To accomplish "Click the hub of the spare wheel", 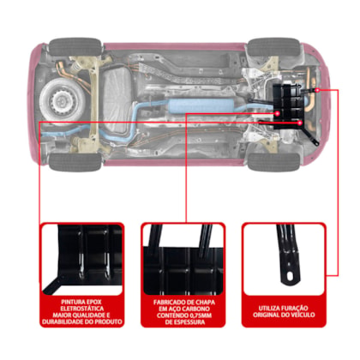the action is (61, 100).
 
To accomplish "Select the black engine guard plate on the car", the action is (288, 106).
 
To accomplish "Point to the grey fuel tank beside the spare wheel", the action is (117, 100).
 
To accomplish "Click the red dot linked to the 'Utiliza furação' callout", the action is (317, 90).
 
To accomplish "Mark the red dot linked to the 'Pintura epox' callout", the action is (300, 123).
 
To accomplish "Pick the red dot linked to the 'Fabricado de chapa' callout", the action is (277, 113).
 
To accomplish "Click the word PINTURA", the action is (72, 302).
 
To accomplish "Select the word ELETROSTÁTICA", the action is (82, 309).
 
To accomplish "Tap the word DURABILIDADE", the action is (63, 321).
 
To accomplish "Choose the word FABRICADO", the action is (168, 303).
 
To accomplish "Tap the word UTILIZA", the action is (269, 309).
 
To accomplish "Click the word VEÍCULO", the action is (303, 315).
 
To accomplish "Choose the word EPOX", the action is (93, 302).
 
